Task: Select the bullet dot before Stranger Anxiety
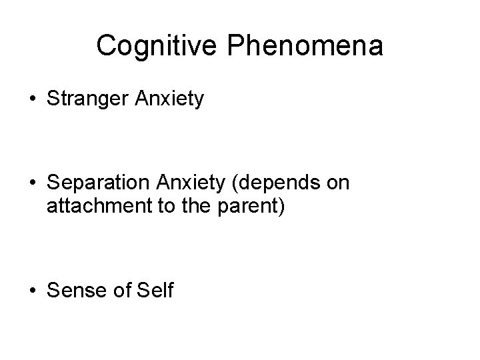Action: click(x=32, y=101)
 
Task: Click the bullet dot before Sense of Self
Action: click(x=32, y=291)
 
